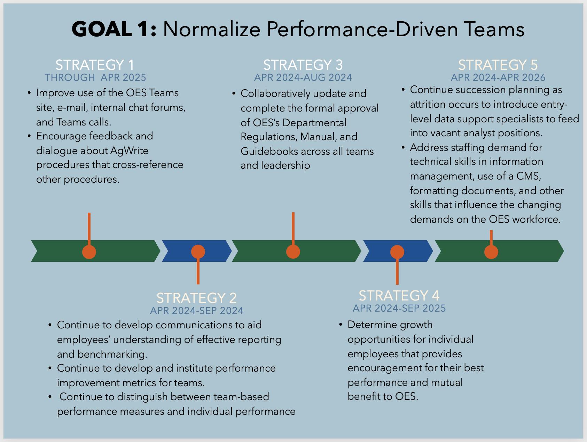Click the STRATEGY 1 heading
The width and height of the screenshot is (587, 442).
(x=95, y=65)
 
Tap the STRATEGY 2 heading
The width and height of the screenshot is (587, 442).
(x=196, y=298)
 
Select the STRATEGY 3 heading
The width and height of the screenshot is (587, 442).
(x=303, y=65)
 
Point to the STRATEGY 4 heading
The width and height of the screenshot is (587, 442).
(x=399, y=296)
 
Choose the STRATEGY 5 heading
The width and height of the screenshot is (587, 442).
(x=498, y=65)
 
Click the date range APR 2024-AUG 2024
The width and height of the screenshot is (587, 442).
(x=303, y=77)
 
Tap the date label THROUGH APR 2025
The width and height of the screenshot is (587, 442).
(x=95, y=77)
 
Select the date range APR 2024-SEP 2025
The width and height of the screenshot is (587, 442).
(x=399, y=308)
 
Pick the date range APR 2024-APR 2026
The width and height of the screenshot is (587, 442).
(x=498, y=77)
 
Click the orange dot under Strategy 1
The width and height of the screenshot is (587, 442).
(x=89, y=252)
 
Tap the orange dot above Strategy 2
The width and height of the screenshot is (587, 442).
(x=198, y=252)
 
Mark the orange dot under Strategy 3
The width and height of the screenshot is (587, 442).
(x=293, y=252)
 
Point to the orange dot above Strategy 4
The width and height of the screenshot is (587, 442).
(x=397, y=252)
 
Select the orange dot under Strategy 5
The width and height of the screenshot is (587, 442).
(x=491, y=252)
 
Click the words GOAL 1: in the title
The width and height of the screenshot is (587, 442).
(x=114, y=29)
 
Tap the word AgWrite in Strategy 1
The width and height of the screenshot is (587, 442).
(x=129, y=151)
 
